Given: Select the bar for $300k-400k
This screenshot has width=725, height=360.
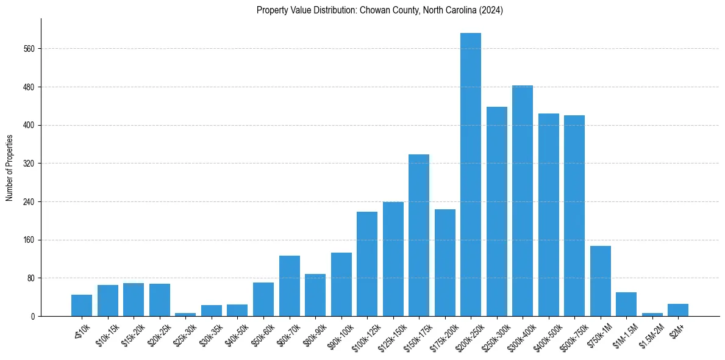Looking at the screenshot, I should pos(523,201).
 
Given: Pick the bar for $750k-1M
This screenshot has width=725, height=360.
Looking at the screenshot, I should pos(600,281).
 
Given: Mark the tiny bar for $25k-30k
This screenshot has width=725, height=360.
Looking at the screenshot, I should pos(185,314).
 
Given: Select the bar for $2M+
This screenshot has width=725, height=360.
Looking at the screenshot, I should pos(678,310).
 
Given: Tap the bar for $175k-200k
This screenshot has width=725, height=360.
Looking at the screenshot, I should pos(445,262).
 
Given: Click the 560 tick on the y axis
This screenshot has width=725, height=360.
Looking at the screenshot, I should pos(30,49).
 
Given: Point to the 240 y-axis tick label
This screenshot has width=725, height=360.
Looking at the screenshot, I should pos(30,202).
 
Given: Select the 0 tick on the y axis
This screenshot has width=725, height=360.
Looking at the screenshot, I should pos(34,317).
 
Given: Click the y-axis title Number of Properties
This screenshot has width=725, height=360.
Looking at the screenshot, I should pos(9,167).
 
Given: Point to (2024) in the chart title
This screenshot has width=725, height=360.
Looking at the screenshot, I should pos(491,10).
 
